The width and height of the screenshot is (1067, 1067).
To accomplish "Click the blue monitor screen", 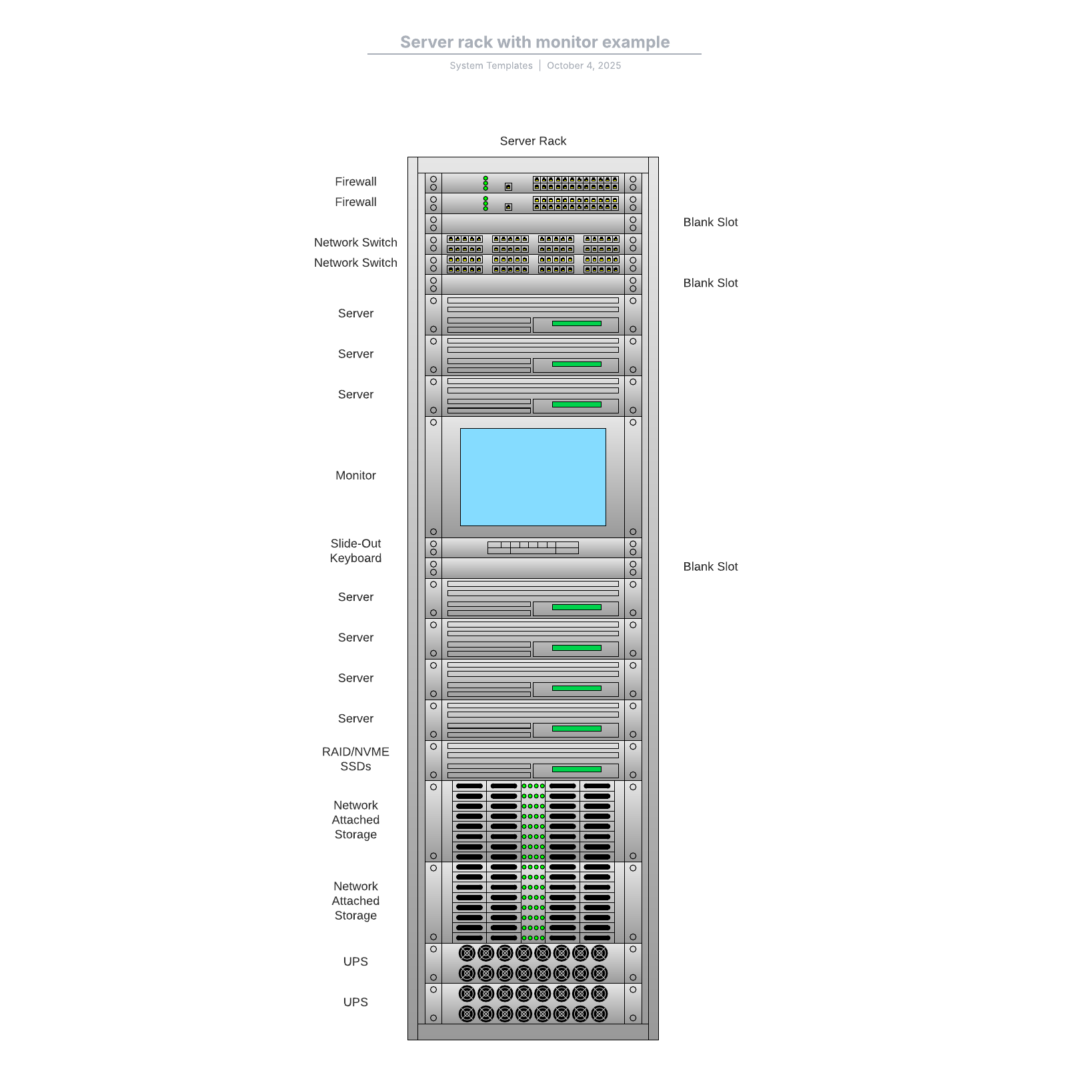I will click(x=533, y=477).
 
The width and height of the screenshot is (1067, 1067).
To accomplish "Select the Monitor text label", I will click(x=355, y=475).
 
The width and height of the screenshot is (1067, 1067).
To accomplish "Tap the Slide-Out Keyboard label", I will click(x=355, y=551).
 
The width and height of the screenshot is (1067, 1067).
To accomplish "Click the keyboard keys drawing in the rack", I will click(x=533, y=548).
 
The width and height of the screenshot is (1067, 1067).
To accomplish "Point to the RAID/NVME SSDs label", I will click(x=355, y=759).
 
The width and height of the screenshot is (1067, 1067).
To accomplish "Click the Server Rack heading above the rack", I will click(x=533, y=141).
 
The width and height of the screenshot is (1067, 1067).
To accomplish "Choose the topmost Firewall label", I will click(x=355, y=181).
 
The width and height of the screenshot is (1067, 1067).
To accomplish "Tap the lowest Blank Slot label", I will click(x=710, y=566).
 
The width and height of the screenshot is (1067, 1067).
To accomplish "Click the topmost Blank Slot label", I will click(x=710, y=222).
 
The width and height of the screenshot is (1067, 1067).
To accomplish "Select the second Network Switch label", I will click(x=355, y=263).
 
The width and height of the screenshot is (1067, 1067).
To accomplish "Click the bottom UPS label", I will click(x=355, y=1002).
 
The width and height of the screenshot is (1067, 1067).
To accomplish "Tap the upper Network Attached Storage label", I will click(x=355, y=820).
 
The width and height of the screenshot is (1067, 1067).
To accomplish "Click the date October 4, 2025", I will click(x=584, y=65).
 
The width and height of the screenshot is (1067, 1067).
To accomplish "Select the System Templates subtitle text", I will click(x=491, y=65).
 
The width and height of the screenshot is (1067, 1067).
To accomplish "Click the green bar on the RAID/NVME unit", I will click(x=576, y=769).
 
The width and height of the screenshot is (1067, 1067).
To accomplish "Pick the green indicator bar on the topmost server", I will click(x=576, y=323).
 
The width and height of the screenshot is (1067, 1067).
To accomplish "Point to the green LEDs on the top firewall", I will click(x=485, y=183).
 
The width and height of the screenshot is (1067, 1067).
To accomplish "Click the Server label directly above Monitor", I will click(x=355, y=394).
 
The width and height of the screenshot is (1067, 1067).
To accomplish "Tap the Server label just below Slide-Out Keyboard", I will click(x=355, y=597).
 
